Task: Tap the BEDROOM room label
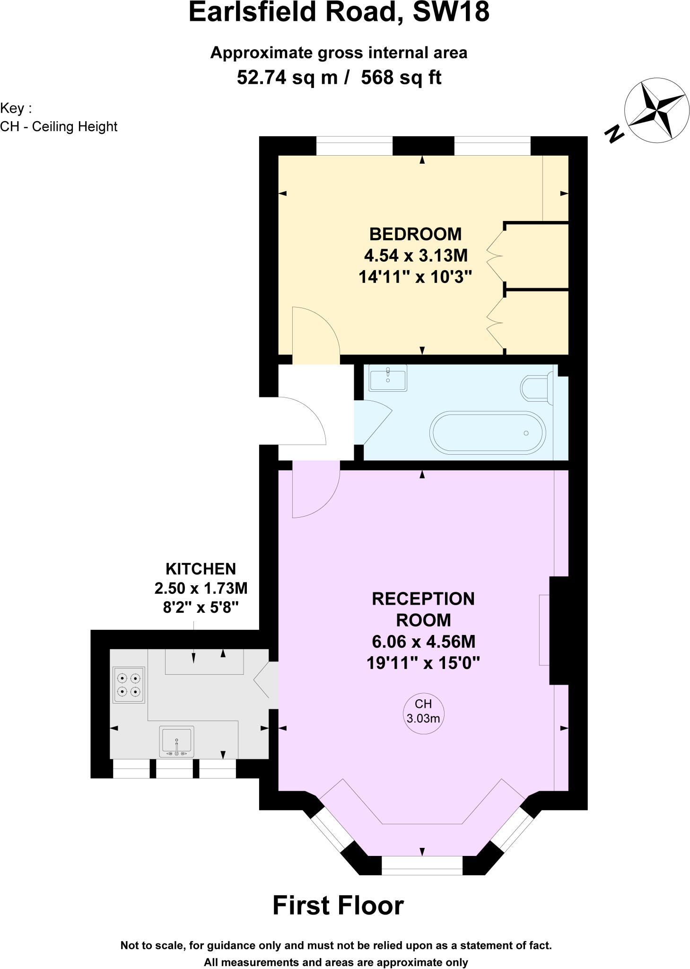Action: [x=415, y=234]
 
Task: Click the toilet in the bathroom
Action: [x=536, y=388]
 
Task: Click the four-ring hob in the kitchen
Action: [x=129, y=685]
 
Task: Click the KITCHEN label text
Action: [x=201, y=569]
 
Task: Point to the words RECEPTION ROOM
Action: [x=423, y=609]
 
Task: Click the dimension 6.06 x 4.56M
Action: [x=423, y=642]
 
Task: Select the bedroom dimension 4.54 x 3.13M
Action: [x=415, y=255]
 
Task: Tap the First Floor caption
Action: [x=338, y=906]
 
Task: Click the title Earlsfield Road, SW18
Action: [x=339, y=13]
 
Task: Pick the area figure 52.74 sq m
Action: [x=287, y=77]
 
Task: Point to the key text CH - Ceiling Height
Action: [x=59, y=127]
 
